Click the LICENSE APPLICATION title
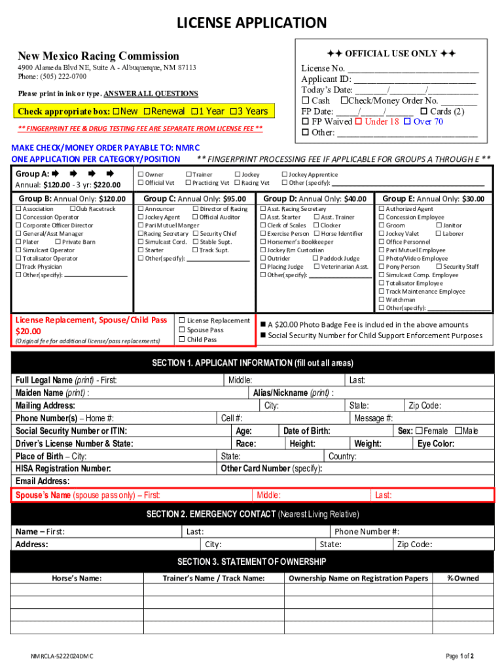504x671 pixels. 252,24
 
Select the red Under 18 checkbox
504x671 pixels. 358,122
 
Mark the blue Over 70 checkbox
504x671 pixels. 407,122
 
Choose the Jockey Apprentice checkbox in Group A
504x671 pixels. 284,175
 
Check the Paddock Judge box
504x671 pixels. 315,259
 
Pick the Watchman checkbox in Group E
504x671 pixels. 381,300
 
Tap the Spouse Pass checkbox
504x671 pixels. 182,330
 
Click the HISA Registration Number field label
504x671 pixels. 63,469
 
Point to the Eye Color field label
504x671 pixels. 435,444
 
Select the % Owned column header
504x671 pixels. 463,578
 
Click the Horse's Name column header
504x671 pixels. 77,578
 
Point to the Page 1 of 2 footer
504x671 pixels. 459,656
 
